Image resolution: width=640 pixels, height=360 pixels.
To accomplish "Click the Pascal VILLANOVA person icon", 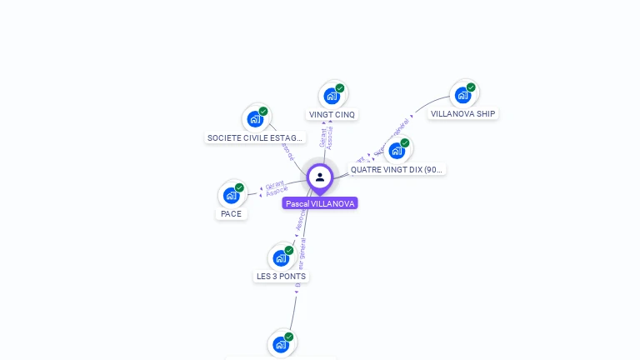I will [x=320, y=177].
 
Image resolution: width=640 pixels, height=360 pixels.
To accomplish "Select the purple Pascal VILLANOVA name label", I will [x=320, y=203].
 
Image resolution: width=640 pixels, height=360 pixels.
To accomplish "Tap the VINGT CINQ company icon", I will [x=332, y=96].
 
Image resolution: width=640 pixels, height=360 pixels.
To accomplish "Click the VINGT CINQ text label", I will [x=332, y=114].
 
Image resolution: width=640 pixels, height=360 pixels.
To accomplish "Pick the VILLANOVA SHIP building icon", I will [x=462, y=95].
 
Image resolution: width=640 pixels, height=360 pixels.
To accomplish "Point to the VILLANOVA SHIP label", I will [x=463, y=113].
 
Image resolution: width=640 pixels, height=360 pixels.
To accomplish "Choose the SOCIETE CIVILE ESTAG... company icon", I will [x=255, y=119].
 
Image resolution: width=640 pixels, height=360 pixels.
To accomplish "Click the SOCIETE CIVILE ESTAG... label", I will [x=255, y=137].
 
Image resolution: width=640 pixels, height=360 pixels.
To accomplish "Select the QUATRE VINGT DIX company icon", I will [x=397, y=151].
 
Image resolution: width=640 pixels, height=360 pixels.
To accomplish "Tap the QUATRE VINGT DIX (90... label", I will [x=397, y=169].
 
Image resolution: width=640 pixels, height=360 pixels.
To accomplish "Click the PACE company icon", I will [x=232, y=196].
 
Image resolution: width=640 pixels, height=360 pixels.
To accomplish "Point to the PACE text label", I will [x=231, y=214].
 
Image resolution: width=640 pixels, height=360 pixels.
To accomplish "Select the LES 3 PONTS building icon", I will [x=281, y=258].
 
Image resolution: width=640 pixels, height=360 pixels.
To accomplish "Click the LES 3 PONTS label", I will [x=281, y=276].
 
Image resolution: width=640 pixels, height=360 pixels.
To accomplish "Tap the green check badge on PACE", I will [x=240, y=187].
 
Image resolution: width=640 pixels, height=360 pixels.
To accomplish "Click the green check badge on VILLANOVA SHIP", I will [x=471, y=87].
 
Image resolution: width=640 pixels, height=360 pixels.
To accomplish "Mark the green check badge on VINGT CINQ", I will [x=340, y=88].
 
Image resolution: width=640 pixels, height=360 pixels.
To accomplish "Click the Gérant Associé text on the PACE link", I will [x=276, y=187].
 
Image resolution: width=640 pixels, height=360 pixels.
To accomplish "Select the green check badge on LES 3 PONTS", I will [x=289, y=250].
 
